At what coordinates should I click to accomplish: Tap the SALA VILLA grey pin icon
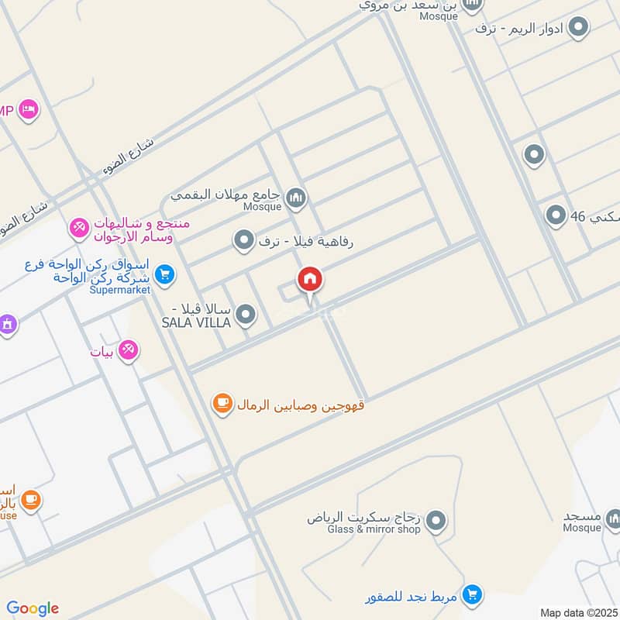pyautogui.click(x=246, y=314)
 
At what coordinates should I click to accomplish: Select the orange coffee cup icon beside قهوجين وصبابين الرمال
pyautogui.click(x=222, y=404)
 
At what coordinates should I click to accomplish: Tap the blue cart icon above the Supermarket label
pyautogui.click(x=164, y=274)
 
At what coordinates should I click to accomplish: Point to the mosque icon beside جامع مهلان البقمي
pyautogui.click(x=295, y=199)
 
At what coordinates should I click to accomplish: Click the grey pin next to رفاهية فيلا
pyautogui.click(x=243, y=241)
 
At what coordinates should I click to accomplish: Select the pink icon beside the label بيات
pyautogui.click(x=129, y=351)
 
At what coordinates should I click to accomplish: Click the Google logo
pyautogui.click(x=33, y=608)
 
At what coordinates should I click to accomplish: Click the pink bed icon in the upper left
pyautogui.click(x=29, y=109)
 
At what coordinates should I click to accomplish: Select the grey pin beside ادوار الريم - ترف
pyautogui.click(x=577, y=29)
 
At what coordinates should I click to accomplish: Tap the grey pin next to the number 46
pyautogui.click(x=556, y=216)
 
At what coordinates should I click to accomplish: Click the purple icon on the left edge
pyautogui.click(x=7, y=323)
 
